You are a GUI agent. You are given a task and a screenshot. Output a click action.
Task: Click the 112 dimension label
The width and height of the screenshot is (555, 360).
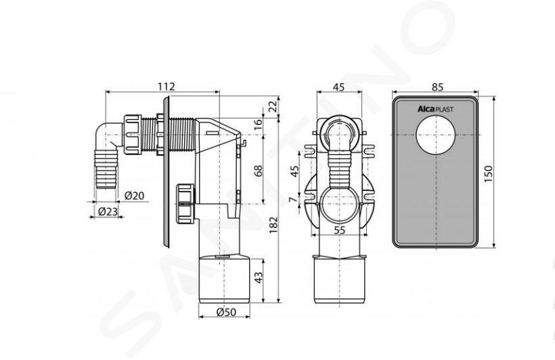[166, 87]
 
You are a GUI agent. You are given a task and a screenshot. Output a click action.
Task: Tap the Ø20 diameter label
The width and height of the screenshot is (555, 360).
[135, 196]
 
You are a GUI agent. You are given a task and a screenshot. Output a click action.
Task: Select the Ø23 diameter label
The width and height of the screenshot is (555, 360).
[107, 212]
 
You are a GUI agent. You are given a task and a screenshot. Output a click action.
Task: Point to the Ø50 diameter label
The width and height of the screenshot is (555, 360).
[226, 312]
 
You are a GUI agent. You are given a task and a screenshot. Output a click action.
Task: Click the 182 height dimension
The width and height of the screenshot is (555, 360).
[273, 225]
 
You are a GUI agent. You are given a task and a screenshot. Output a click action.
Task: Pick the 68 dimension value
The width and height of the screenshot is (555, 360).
[259, 171]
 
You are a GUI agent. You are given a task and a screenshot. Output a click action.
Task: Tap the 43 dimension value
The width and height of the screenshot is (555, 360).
[259, 277]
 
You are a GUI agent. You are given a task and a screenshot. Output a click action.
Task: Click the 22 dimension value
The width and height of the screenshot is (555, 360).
[273, 106]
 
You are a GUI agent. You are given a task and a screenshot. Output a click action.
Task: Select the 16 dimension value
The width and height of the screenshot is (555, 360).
[259, 124]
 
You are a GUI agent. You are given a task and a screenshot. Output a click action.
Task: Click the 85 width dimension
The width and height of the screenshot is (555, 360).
[437, 87]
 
